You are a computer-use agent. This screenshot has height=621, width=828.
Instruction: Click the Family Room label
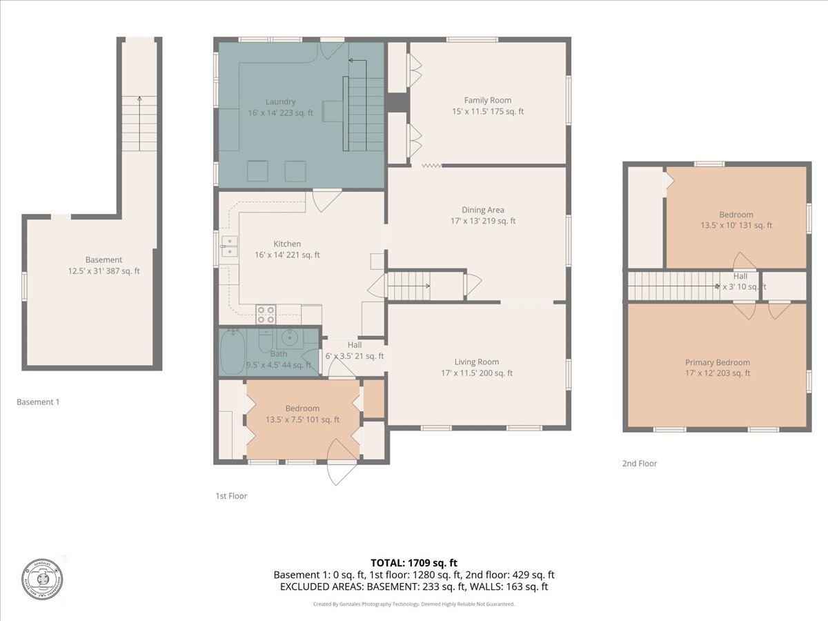[487, 100]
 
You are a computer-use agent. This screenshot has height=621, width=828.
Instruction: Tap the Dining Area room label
[482, 210]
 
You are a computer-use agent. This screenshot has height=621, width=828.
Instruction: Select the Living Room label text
[476, 362]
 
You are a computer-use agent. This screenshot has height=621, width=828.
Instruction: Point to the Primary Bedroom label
[717, 362]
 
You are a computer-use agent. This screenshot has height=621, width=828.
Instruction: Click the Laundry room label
[280, 101]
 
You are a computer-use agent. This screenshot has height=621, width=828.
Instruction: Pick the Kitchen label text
[287, 244]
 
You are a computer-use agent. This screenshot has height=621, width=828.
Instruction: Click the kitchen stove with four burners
[266, 315]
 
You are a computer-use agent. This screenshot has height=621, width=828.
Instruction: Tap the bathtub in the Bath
[231, 352]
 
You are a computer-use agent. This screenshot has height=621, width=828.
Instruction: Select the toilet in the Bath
[265, 342]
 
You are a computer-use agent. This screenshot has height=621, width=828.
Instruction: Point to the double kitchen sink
[228, 246]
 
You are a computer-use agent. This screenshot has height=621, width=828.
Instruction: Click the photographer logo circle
[41, 578]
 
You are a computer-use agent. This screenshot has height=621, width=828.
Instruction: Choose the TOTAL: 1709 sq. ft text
[413, 563]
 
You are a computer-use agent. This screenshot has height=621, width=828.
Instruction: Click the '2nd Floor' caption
[639, 464]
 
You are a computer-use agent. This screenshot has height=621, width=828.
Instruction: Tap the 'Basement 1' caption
[38, 402]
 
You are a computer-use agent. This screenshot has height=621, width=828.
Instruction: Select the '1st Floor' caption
[230, 495]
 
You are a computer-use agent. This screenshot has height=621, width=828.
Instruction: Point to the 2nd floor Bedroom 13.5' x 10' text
[736, 225]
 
